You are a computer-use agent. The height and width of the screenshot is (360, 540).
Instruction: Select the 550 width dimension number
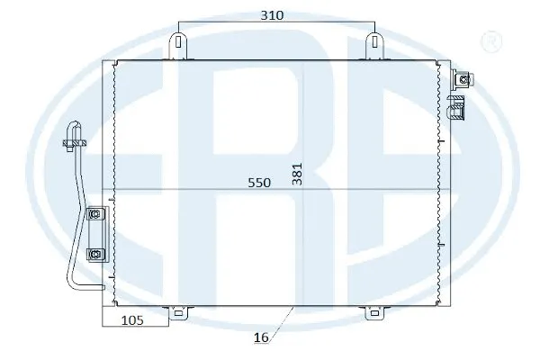pyautogui.click(x=260, y=183)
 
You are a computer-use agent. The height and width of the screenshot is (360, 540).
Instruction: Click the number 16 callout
pyautogui.click(x=261, y=339)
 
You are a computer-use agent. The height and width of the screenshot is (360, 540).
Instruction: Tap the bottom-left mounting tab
pyautogui.click(x=180, y=313)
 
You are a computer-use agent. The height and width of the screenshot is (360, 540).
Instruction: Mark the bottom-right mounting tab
pyautogui.click(x=373, y=313)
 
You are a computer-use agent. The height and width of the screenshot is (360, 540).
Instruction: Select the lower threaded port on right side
pyautogui.click(x=457, y=110)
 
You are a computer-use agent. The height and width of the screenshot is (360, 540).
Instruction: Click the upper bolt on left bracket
pyautogui.click(x=94, y=214)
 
